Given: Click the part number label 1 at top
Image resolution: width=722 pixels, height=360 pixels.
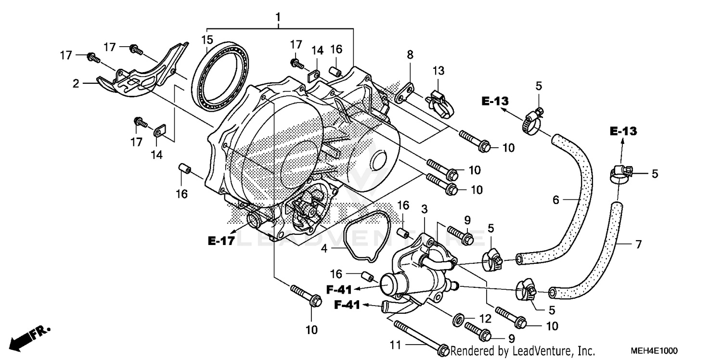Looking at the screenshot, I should point(278,18).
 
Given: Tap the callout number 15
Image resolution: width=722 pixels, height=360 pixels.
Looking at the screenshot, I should point(206,39).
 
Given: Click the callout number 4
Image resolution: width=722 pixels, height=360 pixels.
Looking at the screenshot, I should point(325,249).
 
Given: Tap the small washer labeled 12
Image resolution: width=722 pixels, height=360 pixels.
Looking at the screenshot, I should point(459,318).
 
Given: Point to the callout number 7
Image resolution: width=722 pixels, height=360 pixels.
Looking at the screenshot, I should point(638,245).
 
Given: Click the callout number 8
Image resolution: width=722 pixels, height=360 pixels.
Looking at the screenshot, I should point(410,55).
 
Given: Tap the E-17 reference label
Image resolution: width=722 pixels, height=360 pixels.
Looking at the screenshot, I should point(221,241).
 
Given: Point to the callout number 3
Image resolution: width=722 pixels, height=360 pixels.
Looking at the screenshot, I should point(424,210).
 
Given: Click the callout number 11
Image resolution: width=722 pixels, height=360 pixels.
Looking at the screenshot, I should point(394,345).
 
